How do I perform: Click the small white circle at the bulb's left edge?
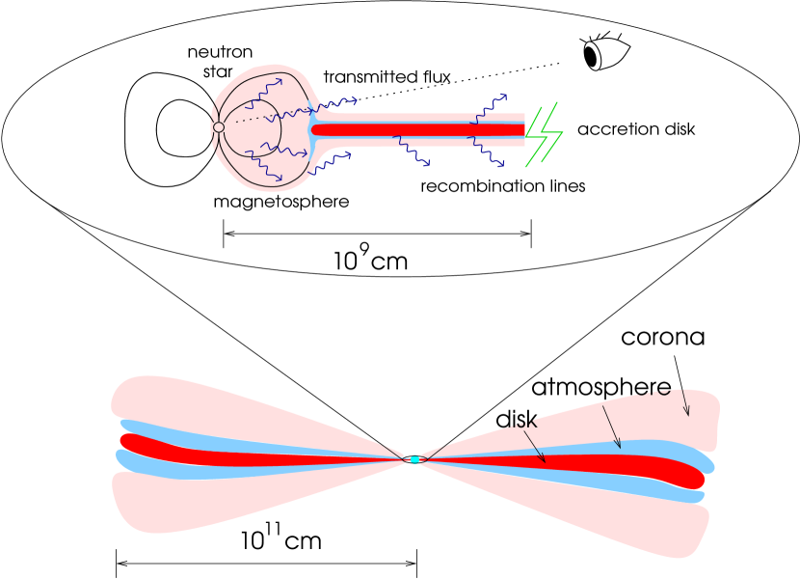(219, 127)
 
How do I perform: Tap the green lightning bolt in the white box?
(543, 135)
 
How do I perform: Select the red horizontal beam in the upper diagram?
(414, 129)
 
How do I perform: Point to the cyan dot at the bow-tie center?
(414, 459)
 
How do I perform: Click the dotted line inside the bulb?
(248, 120)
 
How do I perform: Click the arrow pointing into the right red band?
(535, 447)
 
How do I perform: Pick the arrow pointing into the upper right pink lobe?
(685, 402)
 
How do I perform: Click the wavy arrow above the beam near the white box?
(488, 108)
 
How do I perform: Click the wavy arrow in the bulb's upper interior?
(262, 93)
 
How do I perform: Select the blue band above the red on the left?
(193, 435)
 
